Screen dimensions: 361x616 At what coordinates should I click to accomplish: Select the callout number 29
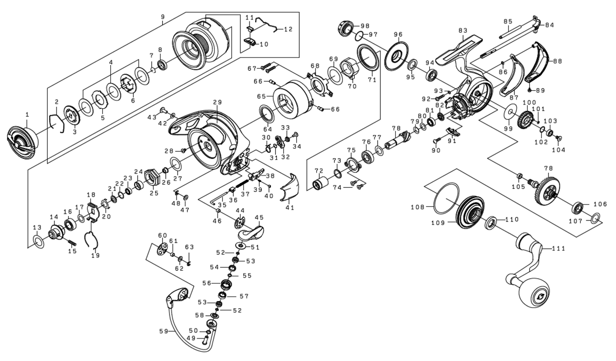217,103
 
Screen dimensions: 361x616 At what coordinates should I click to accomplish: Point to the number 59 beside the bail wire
163,331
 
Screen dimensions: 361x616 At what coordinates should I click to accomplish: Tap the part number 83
463,31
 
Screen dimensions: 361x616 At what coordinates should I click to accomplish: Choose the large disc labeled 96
396,57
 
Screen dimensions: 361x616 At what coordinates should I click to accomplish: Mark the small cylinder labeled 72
322,183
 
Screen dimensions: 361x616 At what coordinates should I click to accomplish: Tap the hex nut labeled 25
152,178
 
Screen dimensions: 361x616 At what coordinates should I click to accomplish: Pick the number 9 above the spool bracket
162,17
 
